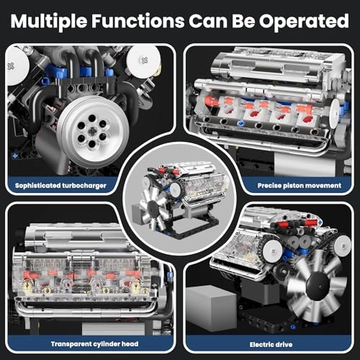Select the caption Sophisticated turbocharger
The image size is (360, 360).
tap(66, 184)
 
